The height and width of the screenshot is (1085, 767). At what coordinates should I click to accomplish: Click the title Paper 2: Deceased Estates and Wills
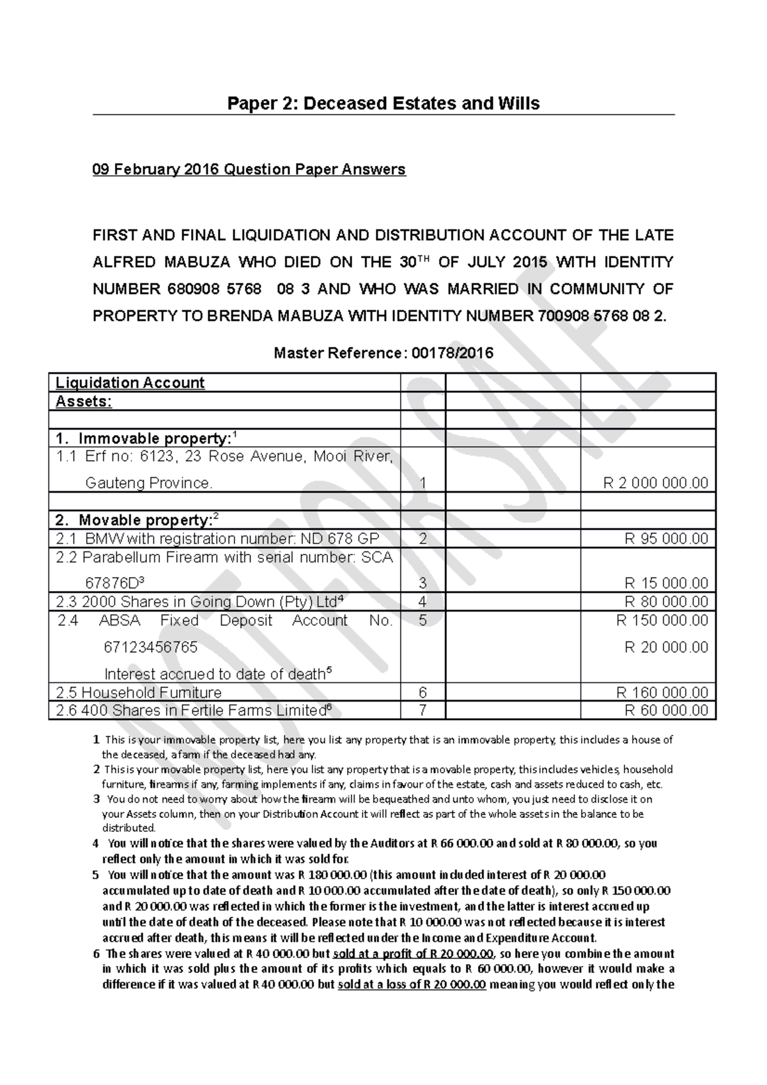pyautogui.click(x=383, y=104)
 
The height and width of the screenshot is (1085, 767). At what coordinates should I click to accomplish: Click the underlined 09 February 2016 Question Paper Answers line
pyautogui.click(x=249, y=169)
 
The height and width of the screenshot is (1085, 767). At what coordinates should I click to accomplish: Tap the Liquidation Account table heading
pyautogui.click(x=130, y=383)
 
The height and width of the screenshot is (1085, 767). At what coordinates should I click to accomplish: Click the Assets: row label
pyautogui.click(x=84, y=401)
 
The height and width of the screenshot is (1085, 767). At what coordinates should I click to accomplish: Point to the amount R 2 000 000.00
pyautogui.click(x=656, y=483)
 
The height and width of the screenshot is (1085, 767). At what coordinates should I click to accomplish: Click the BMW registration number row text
pyautogui.click(x=217, y=539)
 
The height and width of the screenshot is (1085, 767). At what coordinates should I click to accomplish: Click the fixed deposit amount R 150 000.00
pyautogui.click(x=662, y=620)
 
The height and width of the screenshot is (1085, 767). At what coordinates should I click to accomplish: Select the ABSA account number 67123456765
pyautogui.click(x=150, y=647)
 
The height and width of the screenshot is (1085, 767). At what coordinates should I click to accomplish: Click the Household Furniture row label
pyautogui.click(x=139, y=693)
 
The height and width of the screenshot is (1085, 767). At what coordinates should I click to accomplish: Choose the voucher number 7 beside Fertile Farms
pyautogui.click(x=422, y=710)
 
